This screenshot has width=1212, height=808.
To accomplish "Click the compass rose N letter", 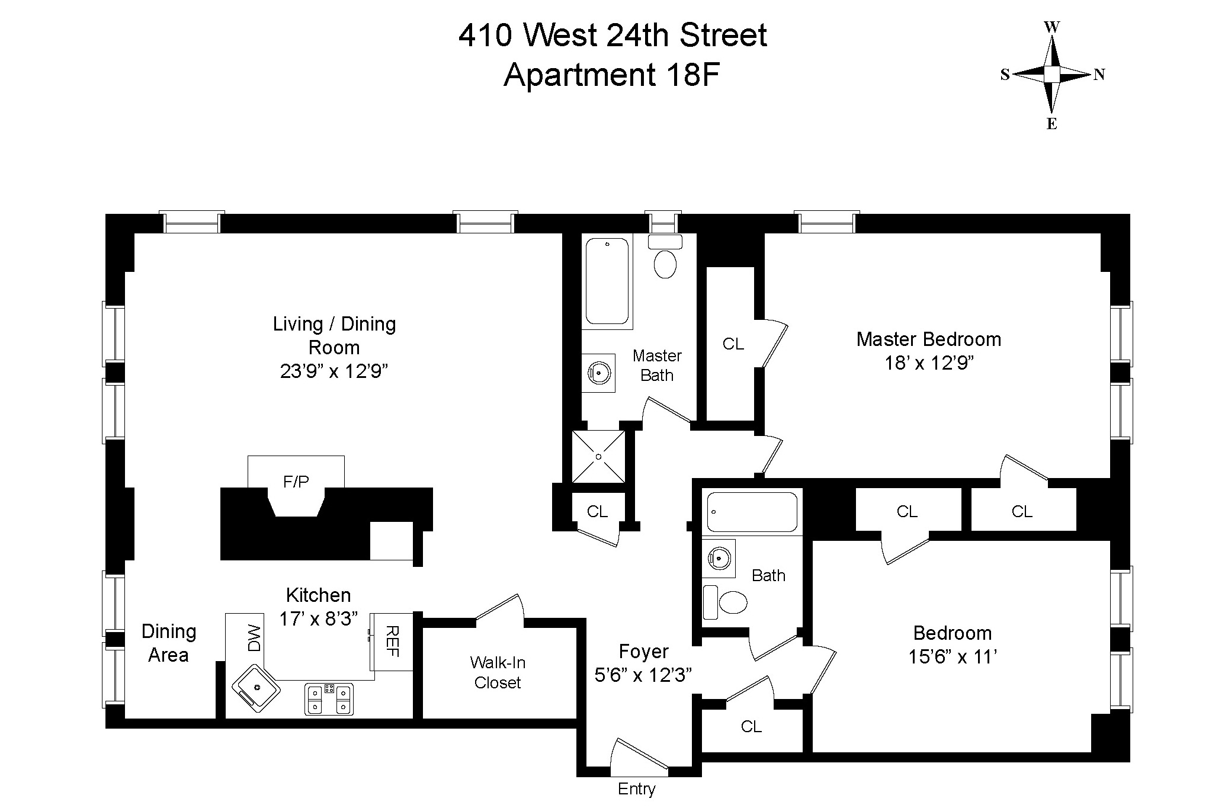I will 1099,75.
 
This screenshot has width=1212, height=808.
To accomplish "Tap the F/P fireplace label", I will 296,482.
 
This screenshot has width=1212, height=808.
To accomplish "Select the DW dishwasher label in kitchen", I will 254,638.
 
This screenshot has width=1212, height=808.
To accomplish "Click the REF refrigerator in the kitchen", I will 392,642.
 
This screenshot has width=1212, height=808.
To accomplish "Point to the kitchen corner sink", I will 256,687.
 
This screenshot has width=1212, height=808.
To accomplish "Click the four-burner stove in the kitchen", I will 329,698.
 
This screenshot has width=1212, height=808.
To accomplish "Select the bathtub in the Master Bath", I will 607,281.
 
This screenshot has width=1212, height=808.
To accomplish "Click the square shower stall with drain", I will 598,457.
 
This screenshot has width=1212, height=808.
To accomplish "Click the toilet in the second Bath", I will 727,602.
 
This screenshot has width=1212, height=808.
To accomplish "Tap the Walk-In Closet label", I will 498,672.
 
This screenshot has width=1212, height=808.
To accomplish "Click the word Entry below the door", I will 636,789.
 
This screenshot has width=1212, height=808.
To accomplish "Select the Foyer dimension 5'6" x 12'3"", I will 643,675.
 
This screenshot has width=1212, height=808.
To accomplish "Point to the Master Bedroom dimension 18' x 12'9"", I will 929,363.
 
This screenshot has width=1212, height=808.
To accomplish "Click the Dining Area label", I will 168,643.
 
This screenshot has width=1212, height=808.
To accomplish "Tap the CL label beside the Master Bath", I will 733,344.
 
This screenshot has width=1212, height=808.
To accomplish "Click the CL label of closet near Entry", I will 751,726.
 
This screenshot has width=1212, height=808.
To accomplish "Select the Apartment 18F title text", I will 611,75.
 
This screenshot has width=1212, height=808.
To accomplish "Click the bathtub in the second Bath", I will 752,512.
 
